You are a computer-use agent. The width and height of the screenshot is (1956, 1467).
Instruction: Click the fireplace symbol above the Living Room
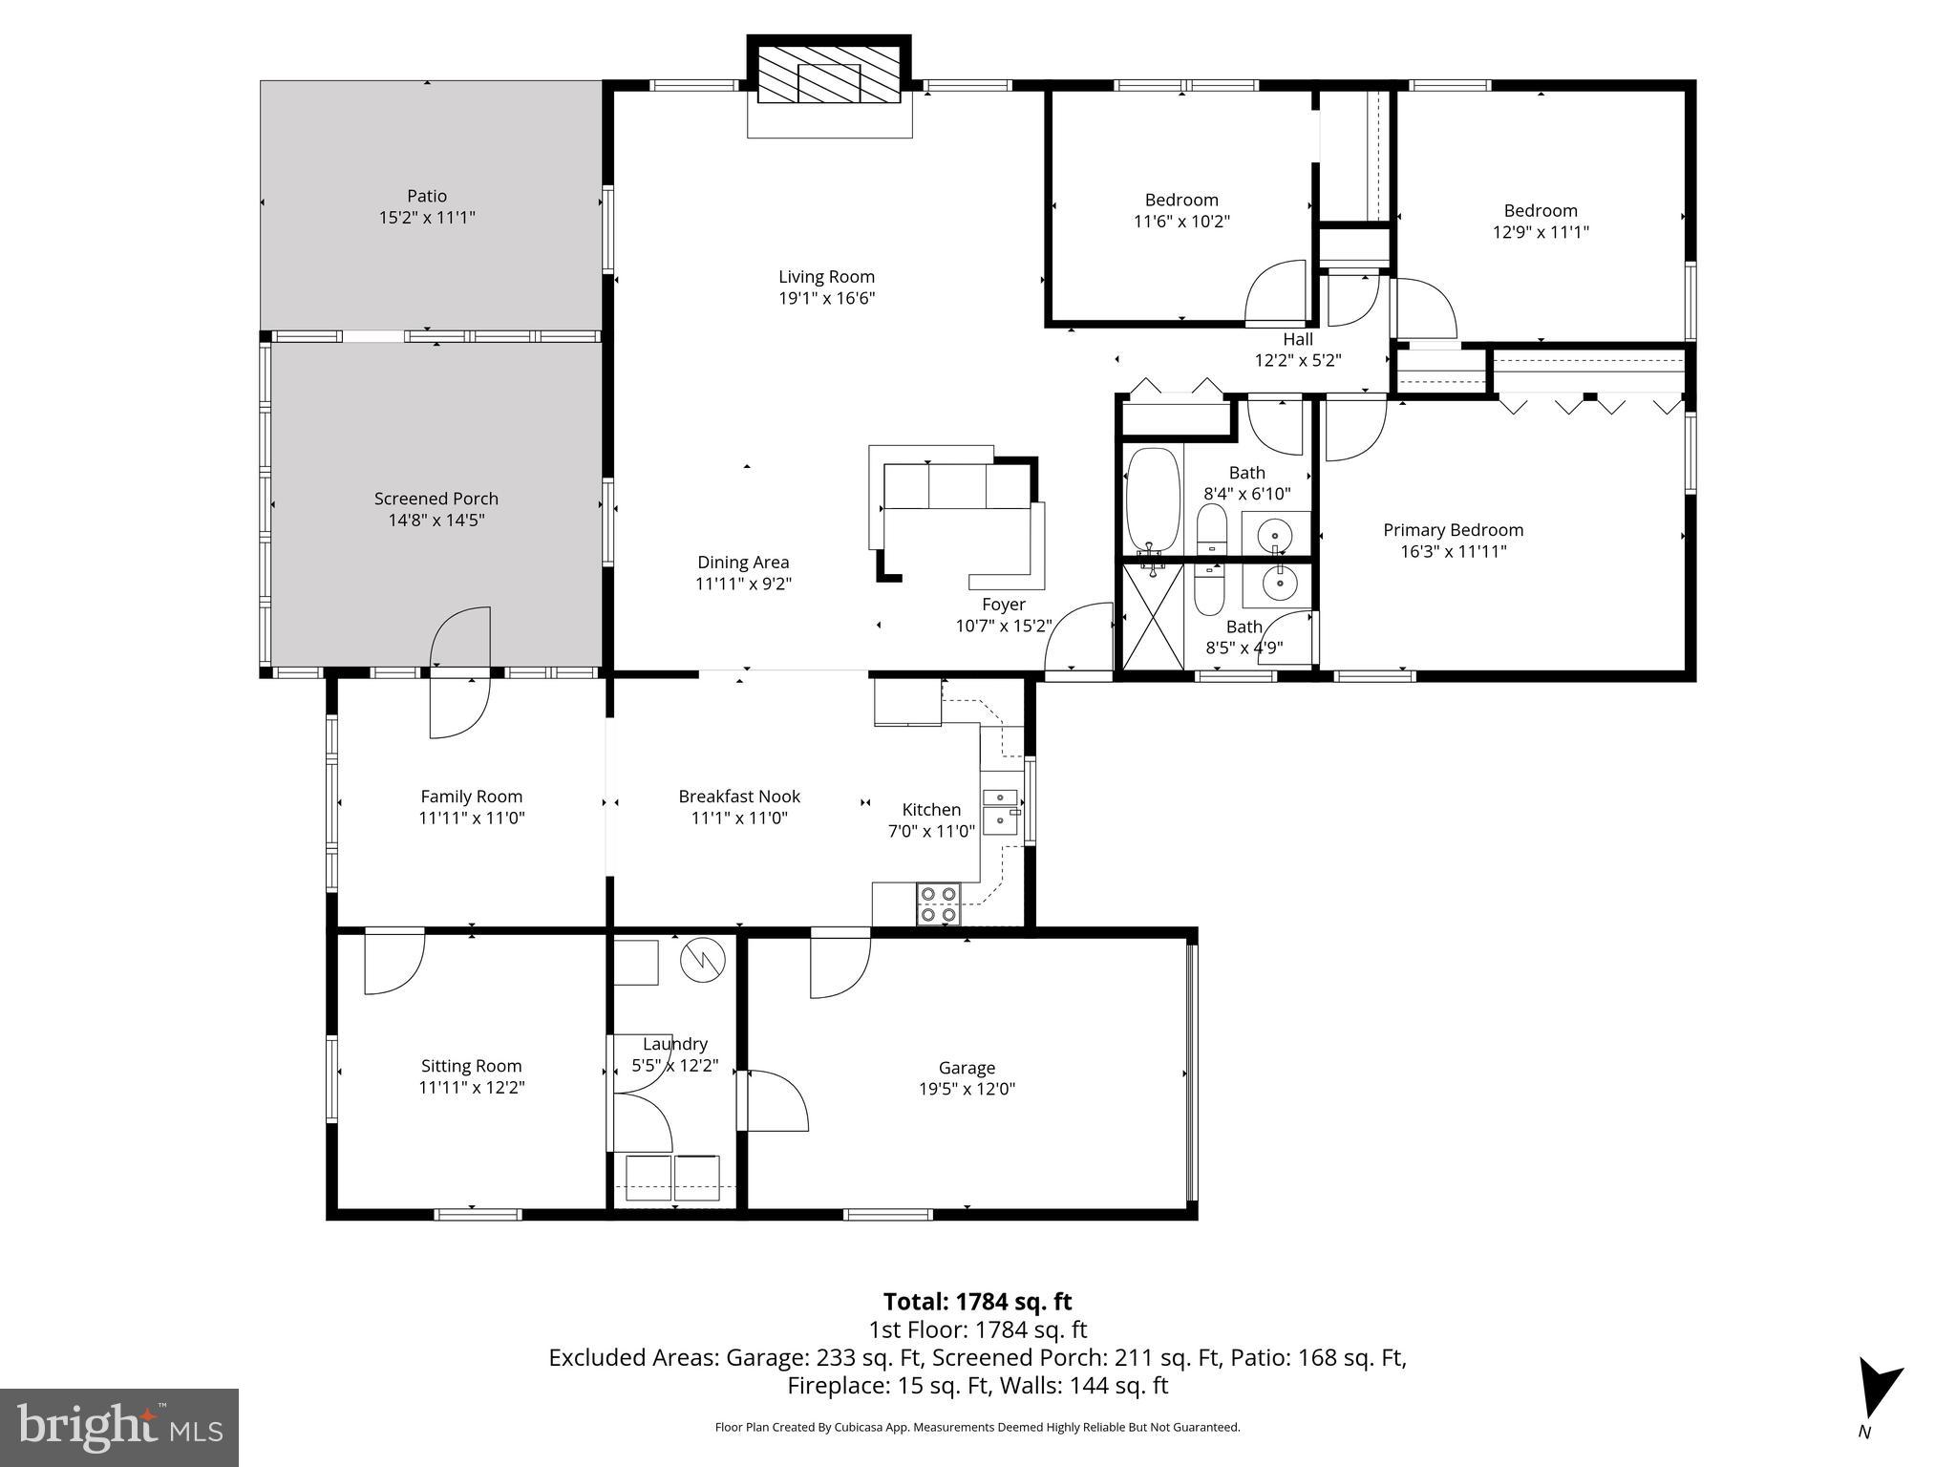(x=828, y=75)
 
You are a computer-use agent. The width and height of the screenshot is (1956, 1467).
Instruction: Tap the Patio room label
(x=427, y=197)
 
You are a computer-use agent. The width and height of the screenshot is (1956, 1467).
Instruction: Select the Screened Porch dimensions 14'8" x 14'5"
(x=436, y=521)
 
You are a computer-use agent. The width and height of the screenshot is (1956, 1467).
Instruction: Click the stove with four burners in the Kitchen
(x=938, y=904)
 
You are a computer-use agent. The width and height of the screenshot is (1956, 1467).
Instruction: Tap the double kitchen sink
(x=1000, y=810)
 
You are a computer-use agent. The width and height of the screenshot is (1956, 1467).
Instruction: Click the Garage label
(x=967, y=1068)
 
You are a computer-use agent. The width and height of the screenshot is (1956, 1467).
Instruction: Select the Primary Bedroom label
(x=1453, y=530)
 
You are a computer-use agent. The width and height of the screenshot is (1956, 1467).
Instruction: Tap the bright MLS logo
(x=119, y=1427)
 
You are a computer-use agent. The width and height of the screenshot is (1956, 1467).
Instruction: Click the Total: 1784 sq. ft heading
(x=977, y=1302)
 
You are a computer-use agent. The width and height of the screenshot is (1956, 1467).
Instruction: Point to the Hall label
(x=1297, y=339)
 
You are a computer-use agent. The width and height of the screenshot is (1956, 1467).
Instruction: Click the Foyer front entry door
(x=1079, y=640)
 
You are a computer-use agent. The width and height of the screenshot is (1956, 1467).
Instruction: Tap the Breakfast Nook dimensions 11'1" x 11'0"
(x=738, y=819)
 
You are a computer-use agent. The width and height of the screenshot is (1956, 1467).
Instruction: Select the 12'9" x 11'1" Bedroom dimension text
(x=1540, y=232)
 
